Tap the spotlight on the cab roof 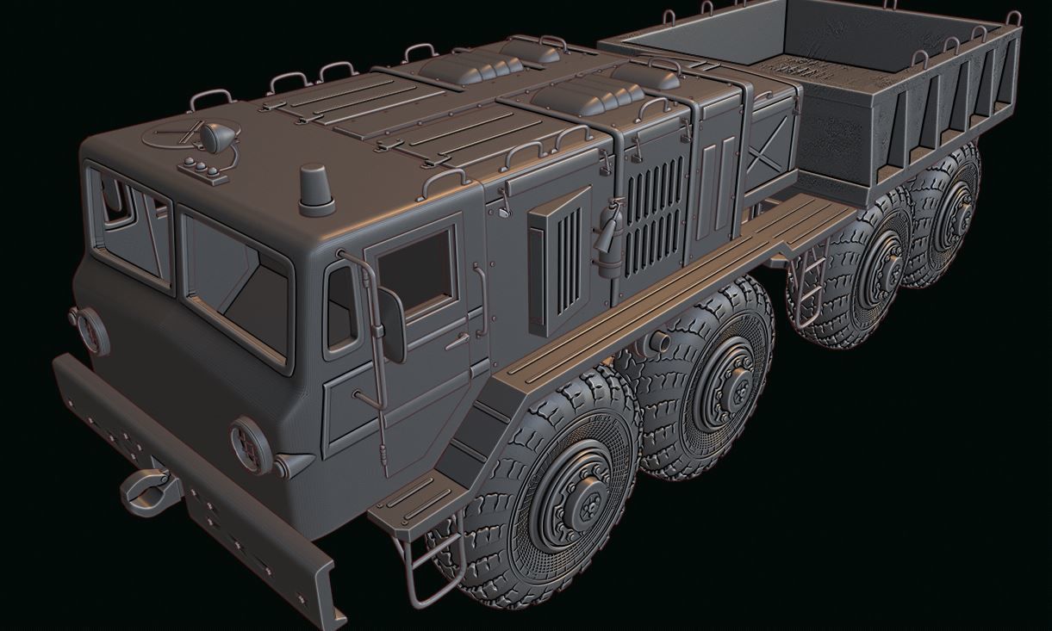[x=213, y=136]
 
